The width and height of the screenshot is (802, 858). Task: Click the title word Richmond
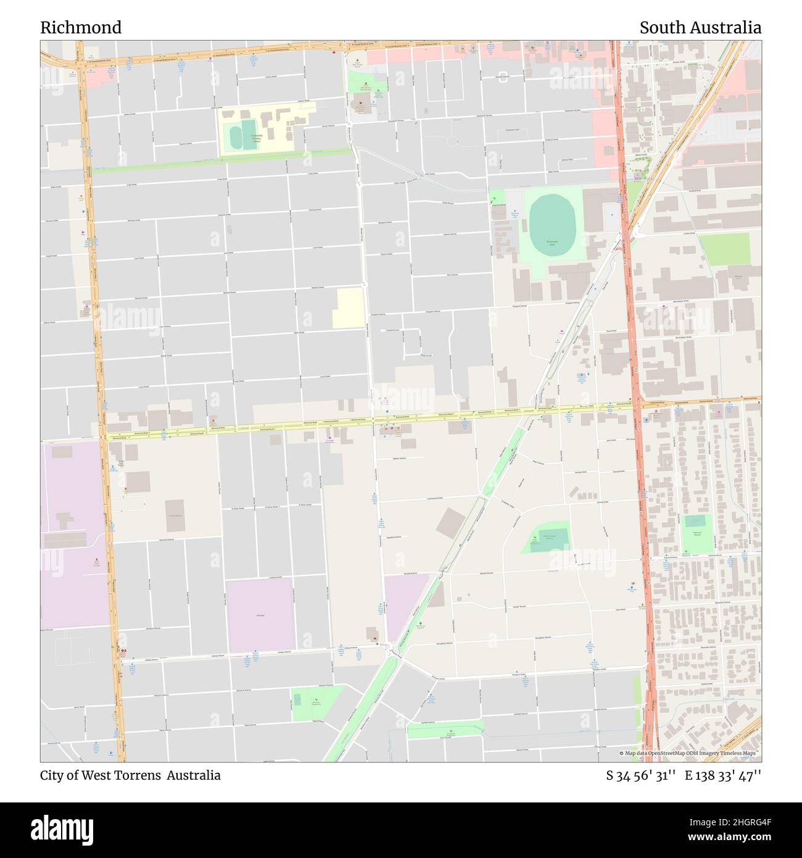click(x=81, y=28)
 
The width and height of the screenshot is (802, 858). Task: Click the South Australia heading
click(x=700, y=28)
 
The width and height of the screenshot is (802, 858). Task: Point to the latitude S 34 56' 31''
click(x=641, y=775)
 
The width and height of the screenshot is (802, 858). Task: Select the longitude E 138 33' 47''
click(x=723, y=775)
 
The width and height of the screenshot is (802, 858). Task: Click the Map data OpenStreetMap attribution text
click(x=687, y=754)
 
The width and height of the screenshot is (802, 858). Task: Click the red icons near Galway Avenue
click(x=124, y=651)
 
